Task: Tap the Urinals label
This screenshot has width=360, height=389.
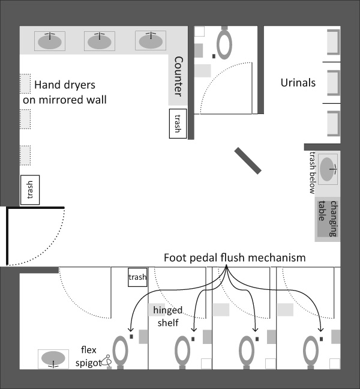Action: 298,83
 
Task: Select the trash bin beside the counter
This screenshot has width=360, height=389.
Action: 178,124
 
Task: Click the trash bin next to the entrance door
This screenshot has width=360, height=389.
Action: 30,190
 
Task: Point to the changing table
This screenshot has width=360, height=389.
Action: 328,219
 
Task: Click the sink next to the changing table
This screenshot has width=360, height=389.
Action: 328,169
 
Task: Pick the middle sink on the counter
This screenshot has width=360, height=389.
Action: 100,41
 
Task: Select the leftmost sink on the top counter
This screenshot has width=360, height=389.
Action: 50,41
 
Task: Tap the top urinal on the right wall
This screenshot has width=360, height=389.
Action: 334,42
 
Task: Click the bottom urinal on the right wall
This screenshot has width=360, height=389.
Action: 334,123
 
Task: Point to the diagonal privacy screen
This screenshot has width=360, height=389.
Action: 248,161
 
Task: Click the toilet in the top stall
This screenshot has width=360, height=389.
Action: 224,43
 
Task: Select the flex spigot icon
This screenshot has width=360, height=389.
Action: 107,361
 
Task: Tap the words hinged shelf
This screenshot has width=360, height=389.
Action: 168,316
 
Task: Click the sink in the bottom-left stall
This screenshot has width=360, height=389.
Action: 53,359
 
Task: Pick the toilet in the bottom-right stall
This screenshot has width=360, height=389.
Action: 311,352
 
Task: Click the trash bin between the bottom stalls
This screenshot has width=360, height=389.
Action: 137,277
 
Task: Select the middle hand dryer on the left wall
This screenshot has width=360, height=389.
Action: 25,119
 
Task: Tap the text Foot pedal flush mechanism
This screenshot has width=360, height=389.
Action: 235,258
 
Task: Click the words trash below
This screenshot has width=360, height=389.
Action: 313,173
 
